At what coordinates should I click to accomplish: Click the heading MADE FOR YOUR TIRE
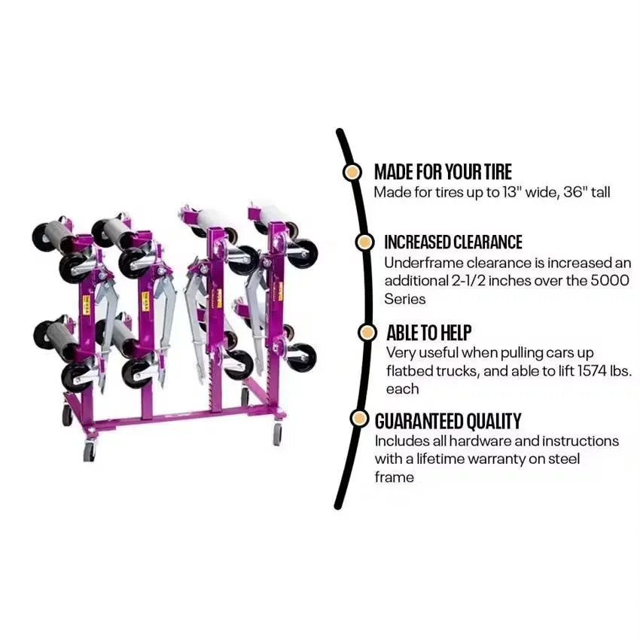pos(443,172)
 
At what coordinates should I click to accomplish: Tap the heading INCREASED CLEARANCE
pos(453,242)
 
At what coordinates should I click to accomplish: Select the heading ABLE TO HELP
pos(428,333)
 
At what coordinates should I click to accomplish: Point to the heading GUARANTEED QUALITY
pos(448,421)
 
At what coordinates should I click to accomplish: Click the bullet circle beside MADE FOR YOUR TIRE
pos(352,172)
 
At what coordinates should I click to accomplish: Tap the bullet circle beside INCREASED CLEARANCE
pos(364,242)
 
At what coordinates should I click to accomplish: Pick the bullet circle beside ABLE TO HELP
pos(367,333)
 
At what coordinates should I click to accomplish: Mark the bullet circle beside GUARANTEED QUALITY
pos(360,419)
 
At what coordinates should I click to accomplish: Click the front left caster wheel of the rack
pos(90,451)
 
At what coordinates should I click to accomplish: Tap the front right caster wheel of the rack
pos(278,434)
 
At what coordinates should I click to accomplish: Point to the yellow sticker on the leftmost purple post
pos(87,305)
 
